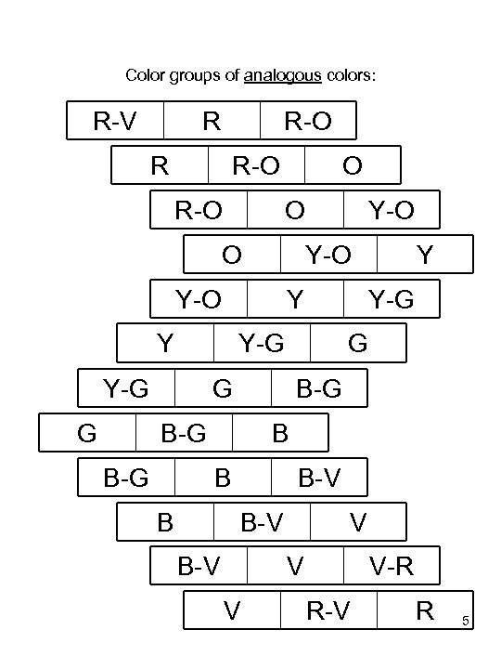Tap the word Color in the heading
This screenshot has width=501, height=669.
click(144, 74)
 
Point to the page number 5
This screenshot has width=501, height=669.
click(466, 621)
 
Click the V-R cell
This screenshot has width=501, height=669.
click(391, 565)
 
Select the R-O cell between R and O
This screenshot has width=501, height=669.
click(256, 165)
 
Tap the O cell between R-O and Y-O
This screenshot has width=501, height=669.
click(295, 210)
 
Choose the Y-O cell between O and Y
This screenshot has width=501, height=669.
click(328, 254)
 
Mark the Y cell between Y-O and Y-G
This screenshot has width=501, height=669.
click(295, 298)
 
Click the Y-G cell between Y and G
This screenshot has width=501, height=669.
click(262, 343)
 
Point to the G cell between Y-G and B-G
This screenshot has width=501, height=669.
click(223, 388)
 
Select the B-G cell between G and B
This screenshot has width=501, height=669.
click(184, 432)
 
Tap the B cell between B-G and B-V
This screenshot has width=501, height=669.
click(223, 478)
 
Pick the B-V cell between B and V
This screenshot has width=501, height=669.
click(262, 521)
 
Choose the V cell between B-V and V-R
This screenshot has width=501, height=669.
click(295, 565)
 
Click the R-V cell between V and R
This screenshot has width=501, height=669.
click(328, 610)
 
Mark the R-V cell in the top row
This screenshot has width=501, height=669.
click(116, 120)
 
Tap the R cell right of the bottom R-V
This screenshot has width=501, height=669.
click(425, 610)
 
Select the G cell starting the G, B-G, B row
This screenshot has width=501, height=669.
click(87, 432)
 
